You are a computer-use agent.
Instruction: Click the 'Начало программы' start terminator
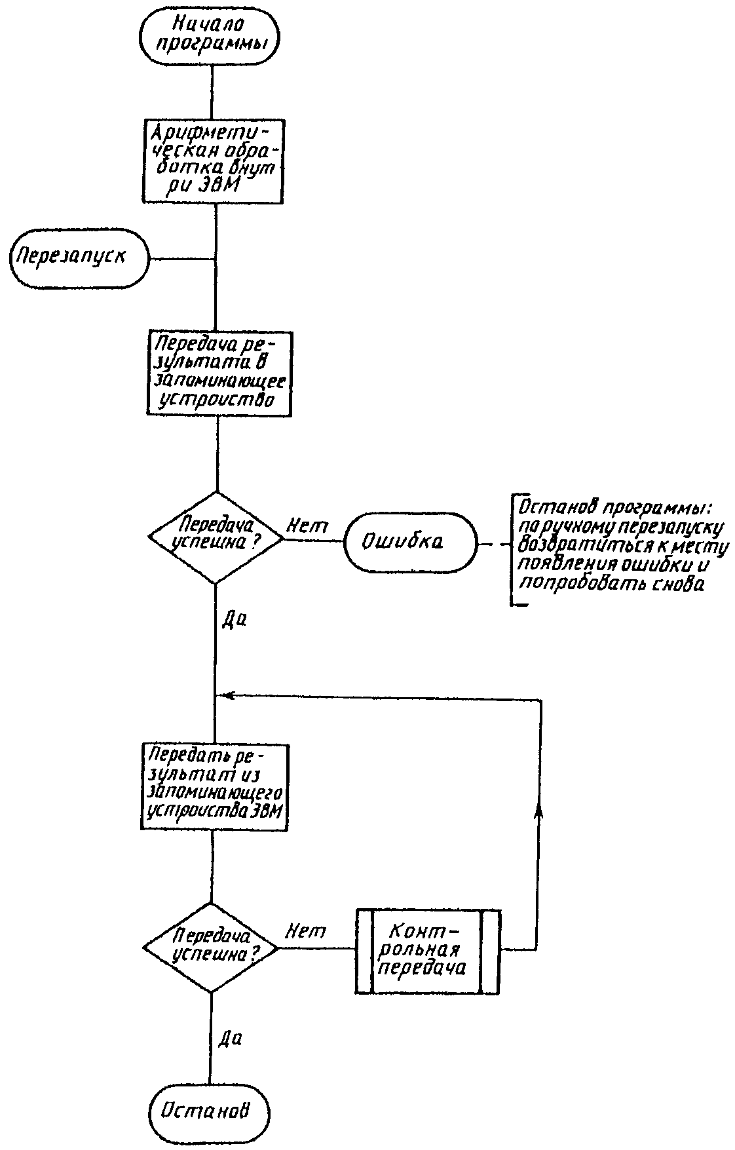point(210,35)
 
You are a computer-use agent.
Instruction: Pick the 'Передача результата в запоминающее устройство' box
point(216,374)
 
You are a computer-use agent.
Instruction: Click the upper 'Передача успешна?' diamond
point(216,538)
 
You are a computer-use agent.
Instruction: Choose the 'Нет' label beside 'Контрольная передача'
point(305,930)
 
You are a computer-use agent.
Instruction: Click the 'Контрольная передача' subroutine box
point(428,951)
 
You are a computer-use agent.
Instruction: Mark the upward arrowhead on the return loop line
point(539,811)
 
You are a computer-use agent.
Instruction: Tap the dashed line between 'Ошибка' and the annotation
point(495,543)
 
